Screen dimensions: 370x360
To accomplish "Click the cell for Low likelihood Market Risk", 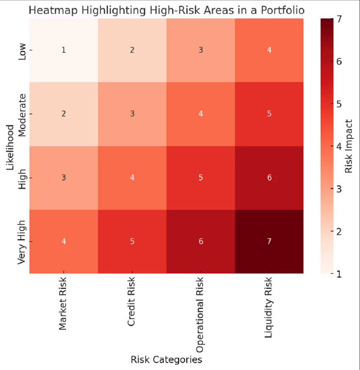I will click(x=64, y=50).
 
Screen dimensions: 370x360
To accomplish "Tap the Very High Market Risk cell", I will click(x=64, y=241).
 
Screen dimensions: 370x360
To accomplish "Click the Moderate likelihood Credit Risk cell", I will click(x=132, y=113).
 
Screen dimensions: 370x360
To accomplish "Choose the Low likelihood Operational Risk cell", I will click(x=200, y=50).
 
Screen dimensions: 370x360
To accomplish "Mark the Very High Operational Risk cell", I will click(x=200, y=241).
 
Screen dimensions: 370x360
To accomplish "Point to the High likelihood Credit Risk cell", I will click(x=132, y=178).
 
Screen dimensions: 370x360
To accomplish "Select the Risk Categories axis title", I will click(x=166, y=360).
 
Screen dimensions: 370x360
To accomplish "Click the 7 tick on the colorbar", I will click(x=339, y=19).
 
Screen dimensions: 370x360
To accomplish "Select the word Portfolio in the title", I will click(x=284, y=10).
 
